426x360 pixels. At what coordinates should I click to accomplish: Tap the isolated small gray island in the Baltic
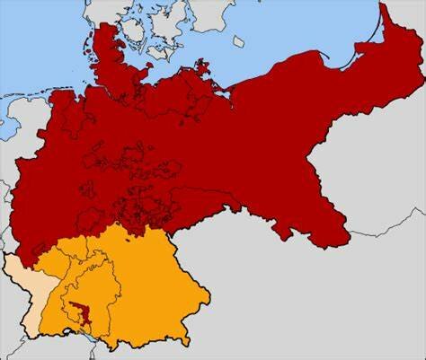238,41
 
